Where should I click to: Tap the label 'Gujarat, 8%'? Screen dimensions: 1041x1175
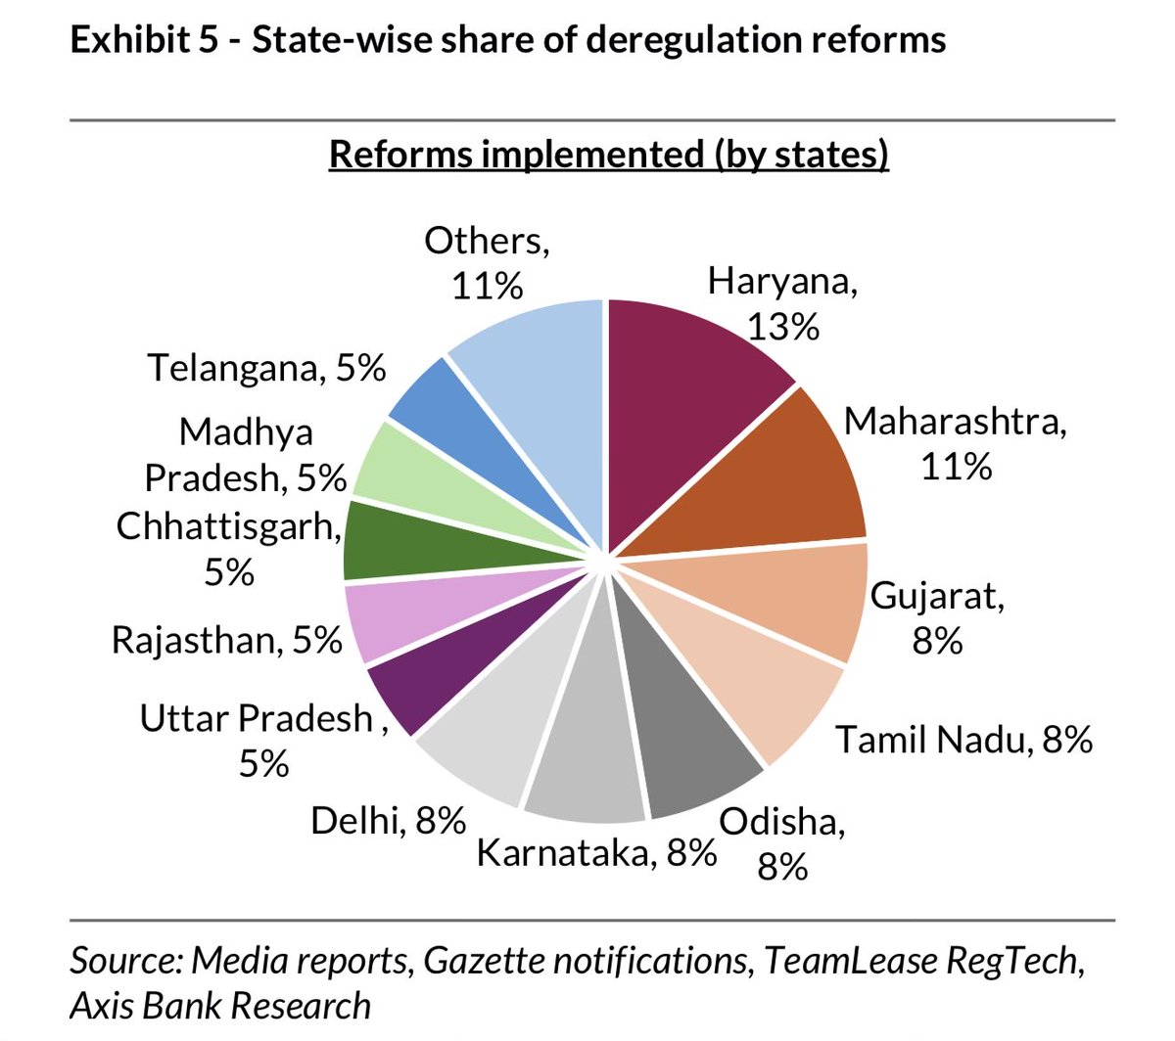click(x=937, y=617)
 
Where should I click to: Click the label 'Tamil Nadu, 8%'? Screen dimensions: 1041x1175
click(x=963, y=739)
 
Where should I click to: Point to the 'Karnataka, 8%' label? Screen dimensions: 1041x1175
click(x=596, y=852)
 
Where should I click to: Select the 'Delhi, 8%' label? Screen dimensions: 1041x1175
click(x=388, y=820)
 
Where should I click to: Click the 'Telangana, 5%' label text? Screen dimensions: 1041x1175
click(x=266, y=368)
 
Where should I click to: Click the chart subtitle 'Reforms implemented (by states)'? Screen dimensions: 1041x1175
click(x=608, y=155)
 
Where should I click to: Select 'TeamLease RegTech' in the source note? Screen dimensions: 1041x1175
click(x=919, y=961)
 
